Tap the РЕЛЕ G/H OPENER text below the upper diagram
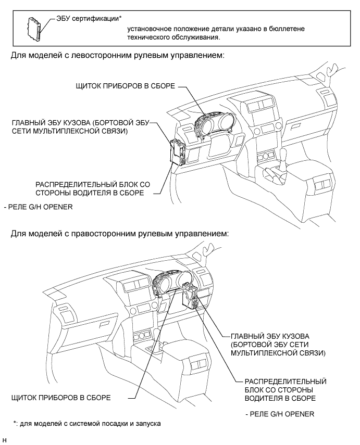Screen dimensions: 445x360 38,207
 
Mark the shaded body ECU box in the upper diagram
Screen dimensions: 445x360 177,151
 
